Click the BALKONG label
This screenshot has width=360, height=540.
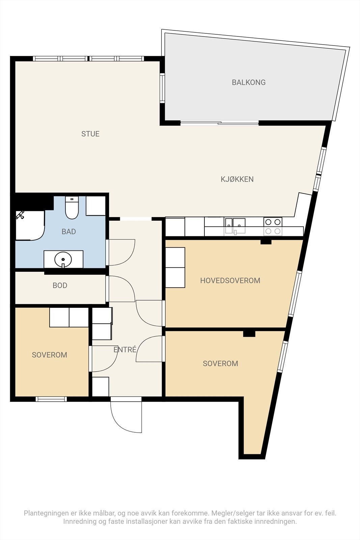pyautogui.click(x=249, y=82)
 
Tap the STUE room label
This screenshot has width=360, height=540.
pyautogui.click(x=90, y=134)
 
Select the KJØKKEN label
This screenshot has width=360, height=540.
pyautogui.click(x=237, y=179)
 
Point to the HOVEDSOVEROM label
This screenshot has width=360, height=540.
pyautogui.click(x=230, y=280)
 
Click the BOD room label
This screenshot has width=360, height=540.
pyautogui.click(x=60, y=286)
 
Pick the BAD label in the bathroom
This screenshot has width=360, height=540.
pyautogui.click(x=69, y=232)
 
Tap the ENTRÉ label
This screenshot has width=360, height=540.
pyautogui.click(x=125, y=349)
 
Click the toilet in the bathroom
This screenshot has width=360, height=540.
pyautogui.click(x=72, y=208)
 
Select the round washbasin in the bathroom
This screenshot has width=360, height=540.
pyautogui.click(x=63, y=260)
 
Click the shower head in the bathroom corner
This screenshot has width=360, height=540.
pyautogui.click(x=20, y=215)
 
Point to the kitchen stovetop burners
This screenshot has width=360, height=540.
pyautogui.click(x=273, y=226)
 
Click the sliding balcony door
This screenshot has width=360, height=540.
pyautogui.click(x=220, y=123)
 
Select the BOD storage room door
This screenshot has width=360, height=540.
pyautogui.click(x=120, y=289)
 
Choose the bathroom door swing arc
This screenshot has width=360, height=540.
pyautogui.click(x=120, y=252)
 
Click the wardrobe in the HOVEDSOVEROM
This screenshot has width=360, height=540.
pyautogui.click(x=175, y=267)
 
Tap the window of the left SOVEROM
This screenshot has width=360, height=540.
pyautogui.click(x=51, y=399)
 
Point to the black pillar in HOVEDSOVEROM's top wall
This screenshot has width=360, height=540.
pyautogui.click(x=266, y=242)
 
